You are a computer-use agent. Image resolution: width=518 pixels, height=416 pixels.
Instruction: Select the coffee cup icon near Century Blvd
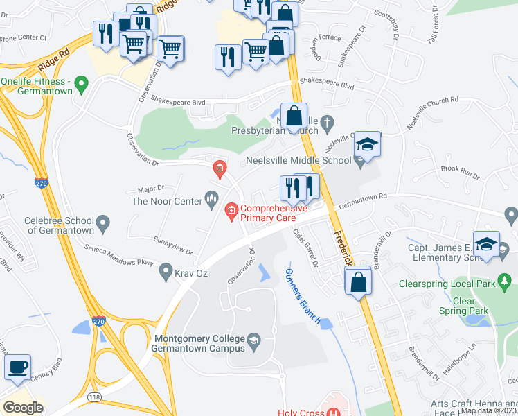18,367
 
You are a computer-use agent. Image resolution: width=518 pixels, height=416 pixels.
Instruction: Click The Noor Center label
166,201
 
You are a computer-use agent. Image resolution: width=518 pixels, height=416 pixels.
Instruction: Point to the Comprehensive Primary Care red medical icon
231,209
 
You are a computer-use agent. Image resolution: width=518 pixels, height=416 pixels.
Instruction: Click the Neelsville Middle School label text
299,161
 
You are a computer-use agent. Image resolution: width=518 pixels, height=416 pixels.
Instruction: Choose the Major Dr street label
150,188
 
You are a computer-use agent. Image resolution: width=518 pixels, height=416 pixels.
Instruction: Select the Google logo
23,408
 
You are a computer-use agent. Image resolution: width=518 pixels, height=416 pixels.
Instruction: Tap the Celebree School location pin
103,224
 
